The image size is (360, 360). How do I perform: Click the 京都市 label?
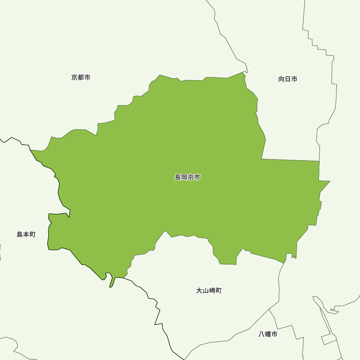coord(81,77)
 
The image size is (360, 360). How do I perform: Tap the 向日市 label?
coord(288,79)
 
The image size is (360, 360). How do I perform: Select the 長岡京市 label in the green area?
coord(187,177)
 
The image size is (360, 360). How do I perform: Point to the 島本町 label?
coord(26,235)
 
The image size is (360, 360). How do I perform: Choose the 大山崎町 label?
coord(209,291)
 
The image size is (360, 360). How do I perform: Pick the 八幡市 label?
coord(268,334)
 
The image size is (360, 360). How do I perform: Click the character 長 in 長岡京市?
coord(178,177)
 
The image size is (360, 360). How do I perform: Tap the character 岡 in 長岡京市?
coord(184,177)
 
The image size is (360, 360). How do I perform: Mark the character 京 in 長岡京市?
coord(191,177)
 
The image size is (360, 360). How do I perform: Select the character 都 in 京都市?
coord(81,77)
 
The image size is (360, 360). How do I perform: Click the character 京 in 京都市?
coord(74,77)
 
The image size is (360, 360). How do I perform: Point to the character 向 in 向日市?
coord(282,79)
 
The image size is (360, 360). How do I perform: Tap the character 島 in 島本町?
coord(20,235)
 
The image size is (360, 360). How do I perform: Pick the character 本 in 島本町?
coord(26,235)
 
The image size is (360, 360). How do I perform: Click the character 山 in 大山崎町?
coord(206,291)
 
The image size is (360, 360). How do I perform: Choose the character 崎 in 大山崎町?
coord(212,291)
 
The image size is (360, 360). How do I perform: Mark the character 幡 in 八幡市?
coord(268,334)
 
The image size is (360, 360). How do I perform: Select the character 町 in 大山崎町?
coord(219,291)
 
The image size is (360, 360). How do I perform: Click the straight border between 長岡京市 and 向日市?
coord(290,160)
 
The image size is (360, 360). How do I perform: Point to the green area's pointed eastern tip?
coord(329,181)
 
